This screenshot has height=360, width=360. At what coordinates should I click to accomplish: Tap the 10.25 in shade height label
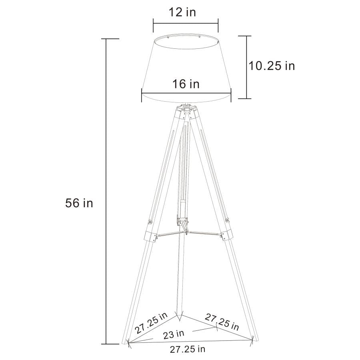[272, 66]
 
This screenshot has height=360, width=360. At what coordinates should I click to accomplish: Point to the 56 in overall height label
[79, 203]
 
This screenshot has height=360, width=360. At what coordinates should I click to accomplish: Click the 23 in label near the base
[174, 333]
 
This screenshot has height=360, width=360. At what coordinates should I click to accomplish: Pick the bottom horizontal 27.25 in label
[188, 349]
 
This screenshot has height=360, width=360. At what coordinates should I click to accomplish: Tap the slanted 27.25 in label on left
[151, 323]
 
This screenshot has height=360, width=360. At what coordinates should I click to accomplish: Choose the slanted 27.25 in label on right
[222, 322]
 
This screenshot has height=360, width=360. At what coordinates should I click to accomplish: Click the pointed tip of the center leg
[181, 319]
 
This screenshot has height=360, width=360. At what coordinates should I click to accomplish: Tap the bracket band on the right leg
[226, 234]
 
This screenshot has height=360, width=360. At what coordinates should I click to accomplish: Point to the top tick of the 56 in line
[106, 39]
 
